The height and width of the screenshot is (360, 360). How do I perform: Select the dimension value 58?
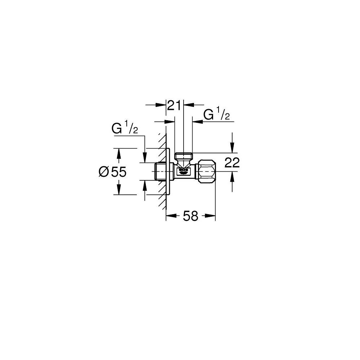point(190,216)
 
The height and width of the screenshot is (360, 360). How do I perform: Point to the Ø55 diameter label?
point(112,172)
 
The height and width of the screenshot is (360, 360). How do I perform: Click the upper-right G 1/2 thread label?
point(216,115)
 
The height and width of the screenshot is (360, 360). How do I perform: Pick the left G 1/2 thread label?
point(125,129)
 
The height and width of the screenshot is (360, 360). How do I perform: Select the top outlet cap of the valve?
point(184,156)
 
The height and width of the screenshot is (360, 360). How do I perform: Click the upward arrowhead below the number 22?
point(233,175)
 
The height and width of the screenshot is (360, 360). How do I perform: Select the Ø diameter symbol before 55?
point(103,172)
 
